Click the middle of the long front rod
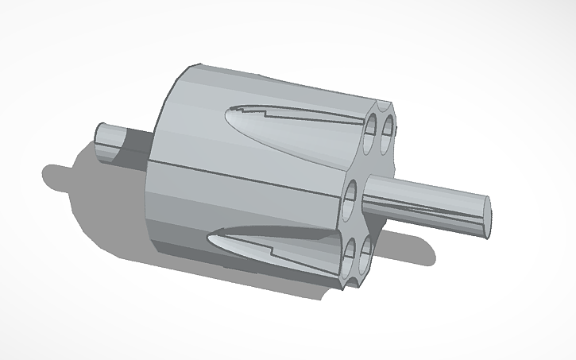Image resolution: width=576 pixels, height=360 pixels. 421,199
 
